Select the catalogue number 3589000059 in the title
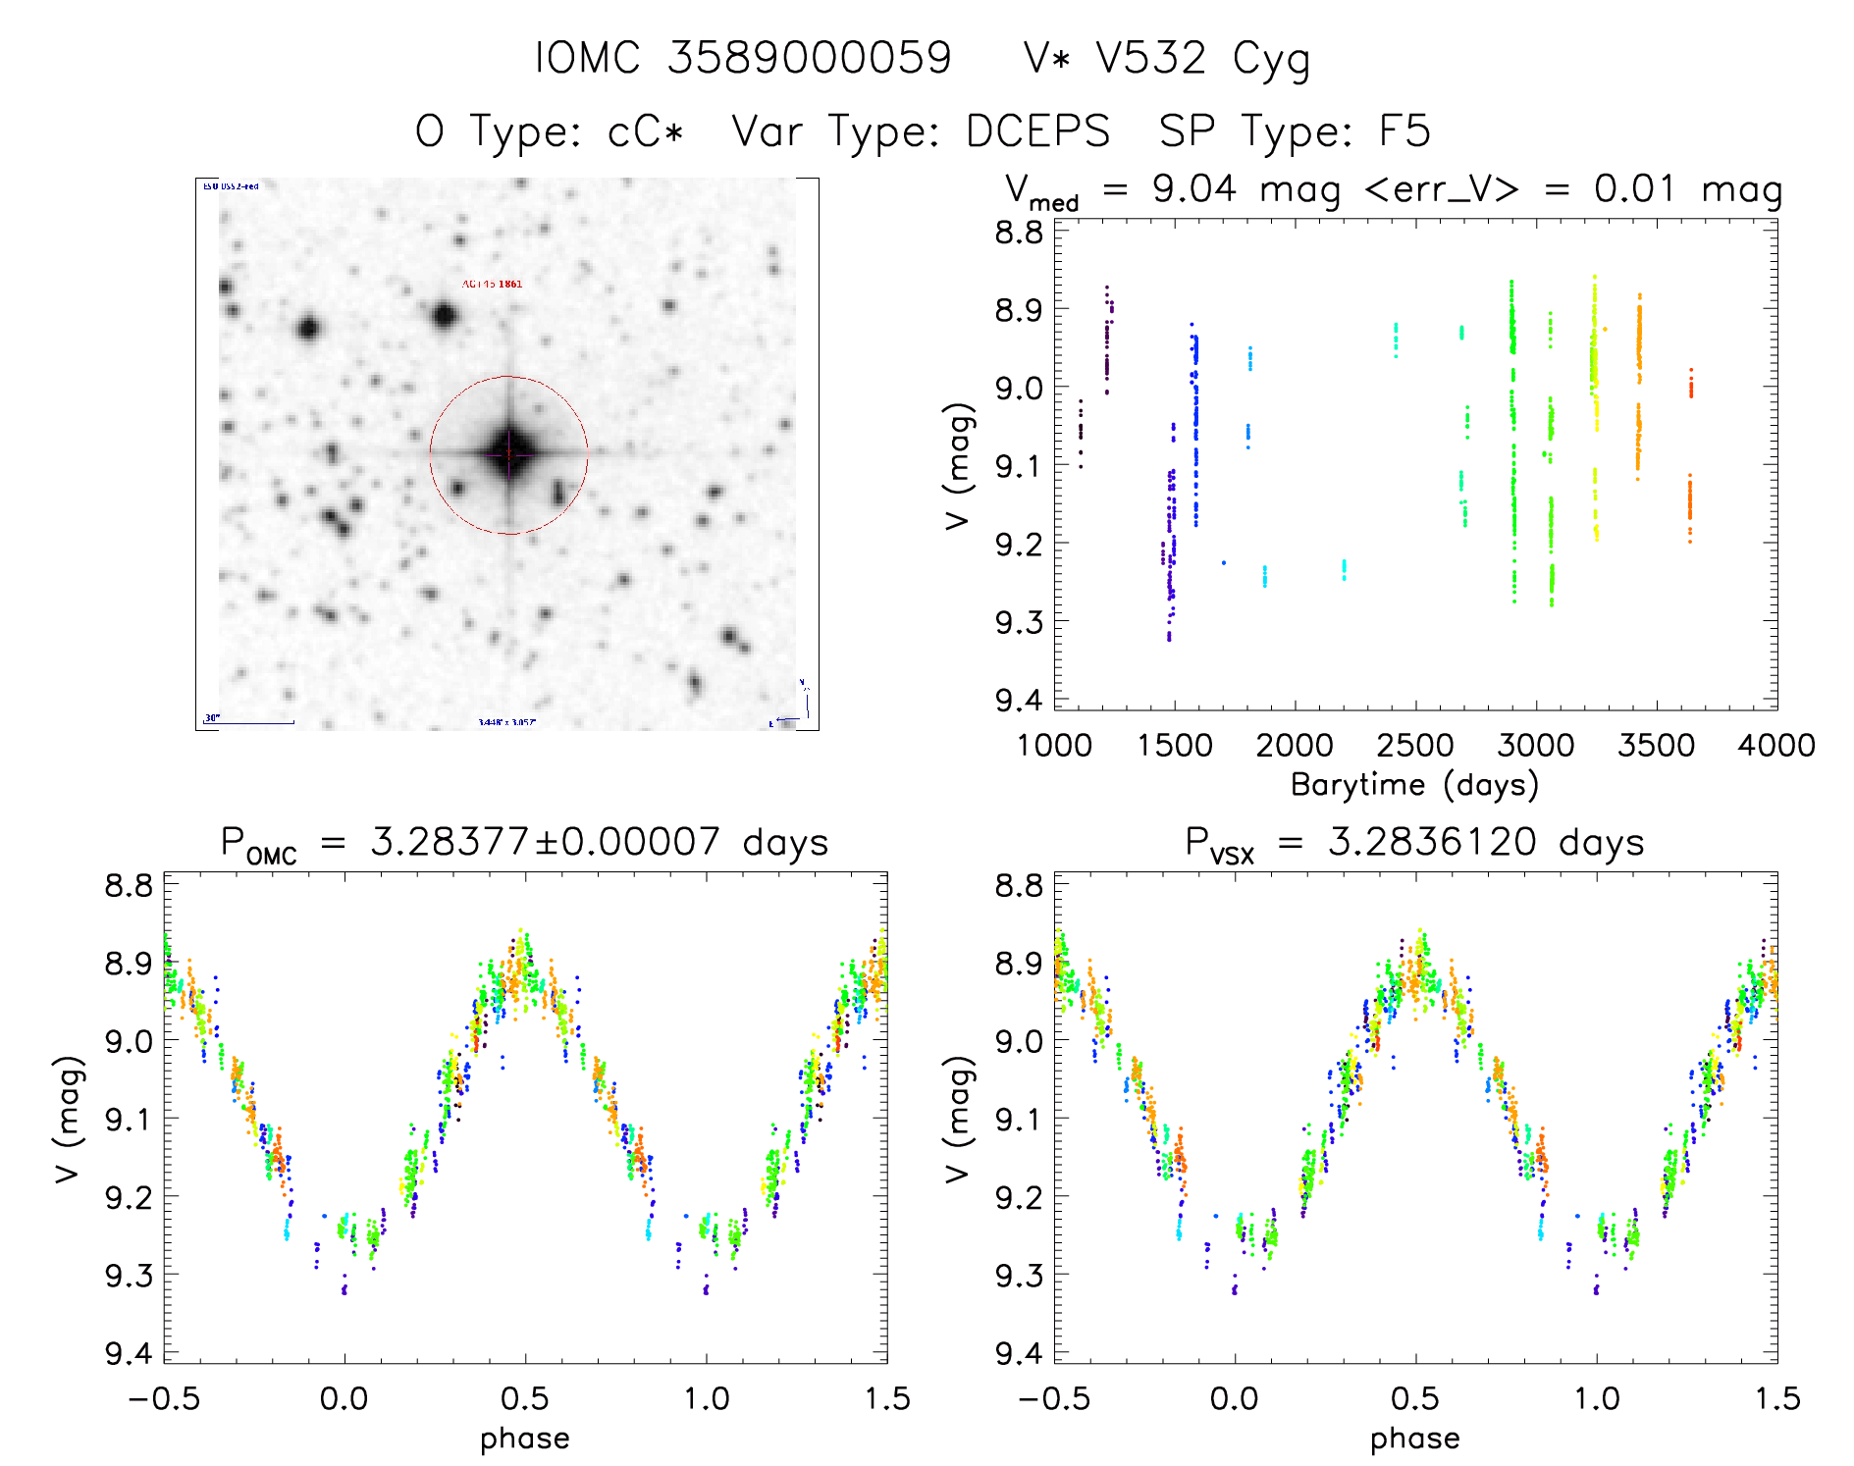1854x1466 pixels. coord(810,59)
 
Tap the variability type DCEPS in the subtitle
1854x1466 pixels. coord(1037,131)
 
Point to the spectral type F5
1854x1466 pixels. coord(1404,131)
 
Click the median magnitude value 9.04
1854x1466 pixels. coord(1193,188)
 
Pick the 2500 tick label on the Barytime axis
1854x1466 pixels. coord(1415,746)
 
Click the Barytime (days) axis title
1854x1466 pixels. coord(1414,785)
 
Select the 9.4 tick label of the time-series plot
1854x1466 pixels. coord(1019,700)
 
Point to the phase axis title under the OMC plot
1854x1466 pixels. coord(525,1439)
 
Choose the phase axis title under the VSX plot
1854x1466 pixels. coord(1415,1439)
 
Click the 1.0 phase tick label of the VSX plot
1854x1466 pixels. coord(1597,1398)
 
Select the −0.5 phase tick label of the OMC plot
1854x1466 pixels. coord(164,1398)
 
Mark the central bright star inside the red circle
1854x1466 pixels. coord(508,453)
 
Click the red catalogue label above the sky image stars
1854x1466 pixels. coord(493,285)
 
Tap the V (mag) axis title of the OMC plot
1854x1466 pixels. coord(68,1119)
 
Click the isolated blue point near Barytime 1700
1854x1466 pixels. coord(1224,562)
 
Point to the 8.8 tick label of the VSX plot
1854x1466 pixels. coord(1019,885)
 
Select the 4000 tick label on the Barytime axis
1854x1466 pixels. coord(1776,746)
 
